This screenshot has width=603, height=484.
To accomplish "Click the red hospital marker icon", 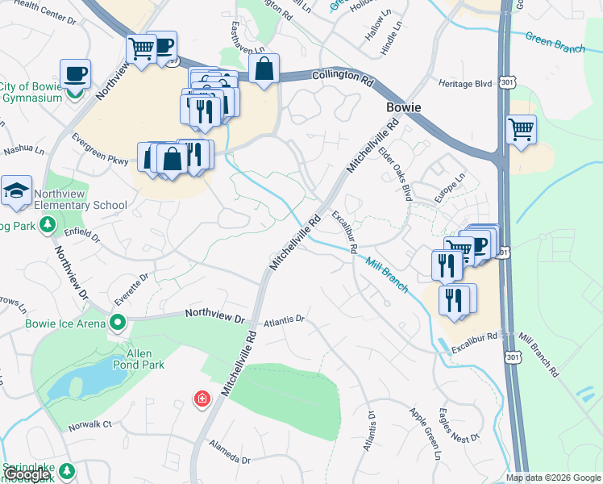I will (202, 398).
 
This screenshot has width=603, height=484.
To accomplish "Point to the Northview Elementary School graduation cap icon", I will (16, 191).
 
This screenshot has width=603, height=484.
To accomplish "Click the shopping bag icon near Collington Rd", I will (264, 70).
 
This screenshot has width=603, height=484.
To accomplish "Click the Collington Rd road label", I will (344, 80).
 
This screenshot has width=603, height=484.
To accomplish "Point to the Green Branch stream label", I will (555, 42).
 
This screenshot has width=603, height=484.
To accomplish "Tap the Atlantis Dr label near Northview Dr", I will (283, 319).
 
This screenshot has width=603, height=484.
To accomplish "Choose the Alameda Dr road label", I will (229, 452).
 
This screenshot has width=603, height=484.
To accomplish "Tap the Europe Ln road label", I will (450, 188).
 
